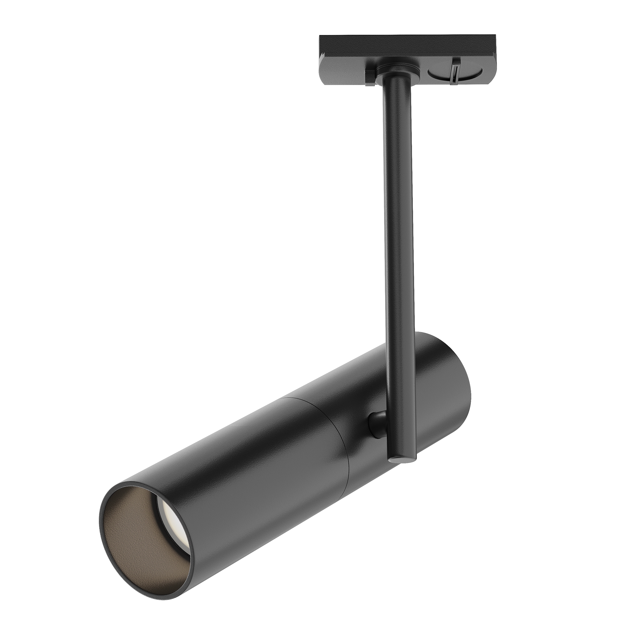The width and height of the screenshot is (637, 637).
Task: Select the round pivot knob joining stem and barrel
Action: (x=376, y=425)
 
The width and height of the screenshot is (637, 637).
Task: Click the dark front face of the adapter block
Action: (x=405, y=46)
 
